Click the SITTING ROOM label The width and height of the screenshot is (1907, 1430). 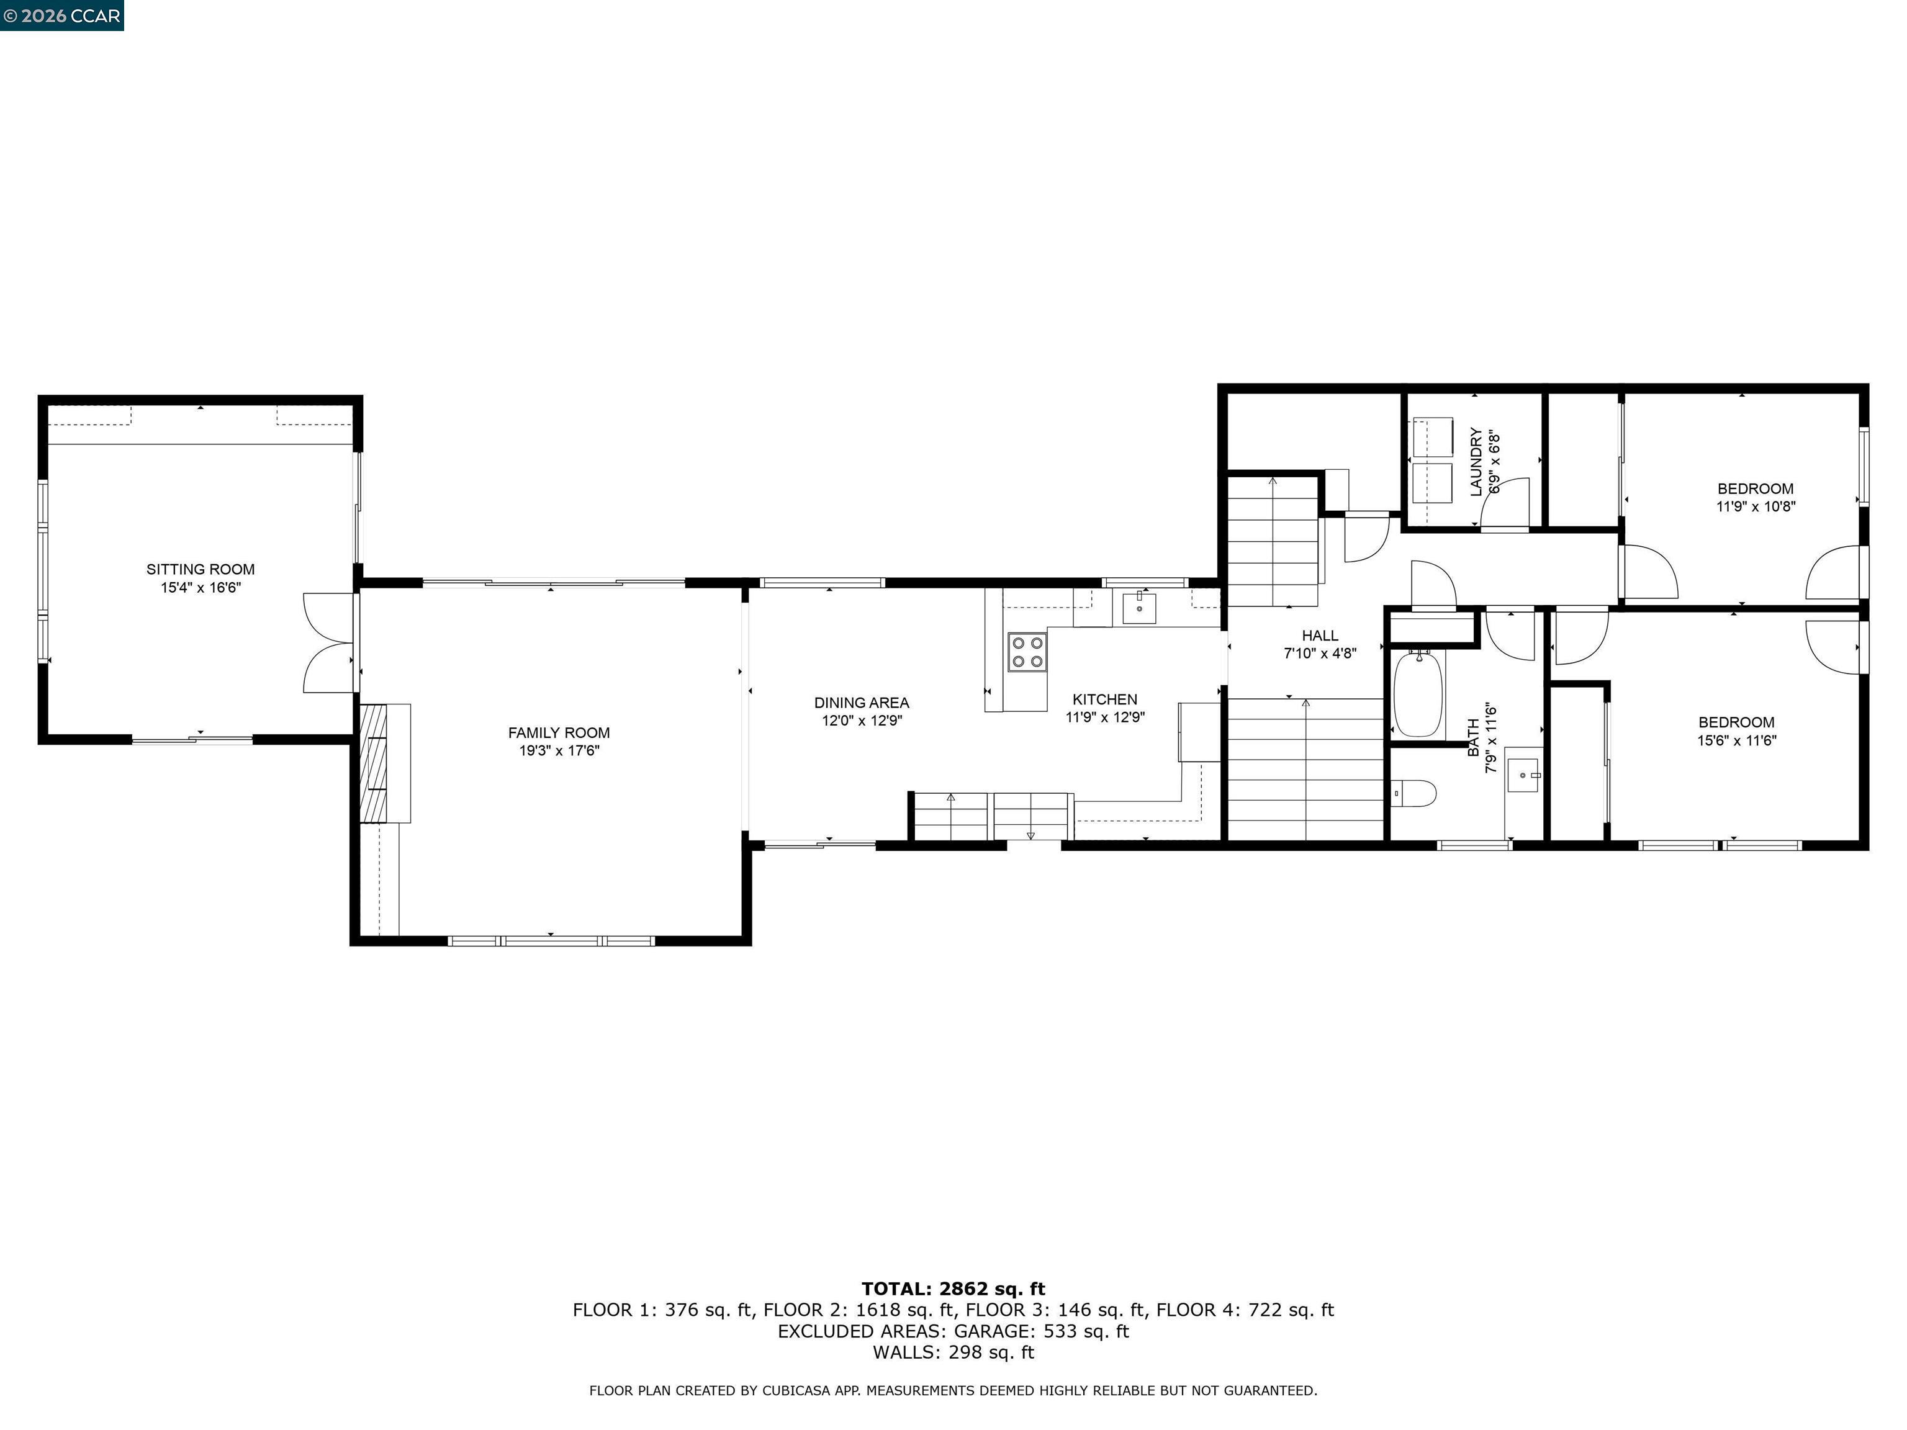(200, 569)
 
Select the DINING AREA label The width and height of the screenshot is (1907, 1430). (861, 703)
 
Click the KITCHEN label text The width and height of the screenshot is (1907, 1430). (1104, 699)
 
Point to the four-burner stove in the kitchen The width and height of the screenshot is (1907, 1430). (1027, 652)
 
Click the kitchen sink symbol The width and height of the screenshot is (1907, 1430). (1140, 608)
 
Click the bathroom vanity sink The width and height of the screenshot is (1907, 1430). (1523, 775)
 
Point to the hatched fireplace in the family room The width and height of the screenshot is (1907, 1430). (373, 763)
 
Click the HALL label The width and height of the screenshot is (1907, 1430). (1320, 636)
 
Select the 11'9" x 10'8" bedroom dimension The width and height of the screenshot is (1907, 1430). (1756, 507)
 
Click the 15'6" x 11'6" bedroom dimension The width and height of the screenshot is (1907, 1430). (1736, 740)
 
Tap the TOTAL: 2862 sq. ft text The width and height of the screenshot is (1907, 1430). (953, 1288)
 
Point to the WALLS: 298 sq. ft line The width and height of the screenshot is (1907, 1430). (953, 1352)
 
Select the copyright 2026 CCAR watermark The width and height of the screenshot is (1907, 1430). (61, 16)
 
